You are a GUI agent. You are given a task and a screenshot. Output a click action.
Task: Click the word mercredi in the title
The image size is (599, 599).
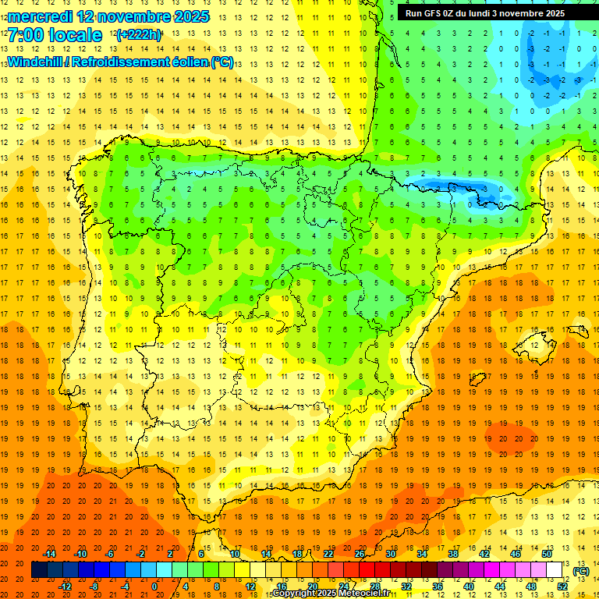pos(44,16)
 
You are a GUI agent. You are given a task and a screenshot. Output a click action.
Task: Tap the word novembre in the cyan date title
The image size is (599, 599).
pos(139,16)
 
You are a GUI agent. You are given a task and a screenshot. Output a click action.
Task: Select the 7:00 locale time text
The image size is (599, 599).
pos(55,35)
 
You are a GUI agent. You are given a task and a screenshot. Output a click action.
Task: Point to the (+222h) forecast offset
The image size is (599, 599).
pos(138,35)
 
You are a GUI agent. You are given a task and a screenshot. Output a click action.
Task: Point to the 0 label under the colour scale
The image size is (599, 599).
pos(154,587)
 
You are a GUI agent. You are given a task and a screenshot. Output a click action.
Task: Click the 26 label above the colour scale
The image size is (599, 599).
pos(359,554)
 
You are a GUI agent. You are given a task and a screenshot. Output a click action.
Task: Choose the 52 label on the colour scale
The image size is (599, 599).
pos(562,587)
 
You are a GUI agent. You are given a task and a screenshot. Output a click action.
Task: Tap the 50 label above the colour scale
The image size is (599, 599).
pos(546,554)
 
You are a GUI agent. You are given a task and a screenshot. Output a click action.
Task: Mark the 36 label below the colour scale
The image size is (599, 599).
pos(438,587)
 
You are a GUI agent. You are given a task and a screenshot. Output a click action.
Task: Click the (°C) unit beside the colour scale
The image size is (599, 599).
pos(581,571)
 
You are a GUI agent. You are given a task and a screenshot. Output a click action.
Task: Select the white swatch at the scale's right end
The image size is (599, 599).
pos(555,570)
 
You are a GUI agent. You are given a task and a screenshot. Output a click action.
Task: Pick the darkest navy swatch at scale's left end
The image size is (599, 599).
pos(39,570)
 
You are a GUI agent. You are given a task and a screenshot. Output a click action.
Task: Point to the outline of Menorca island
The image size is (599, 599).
pos(580,322)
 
